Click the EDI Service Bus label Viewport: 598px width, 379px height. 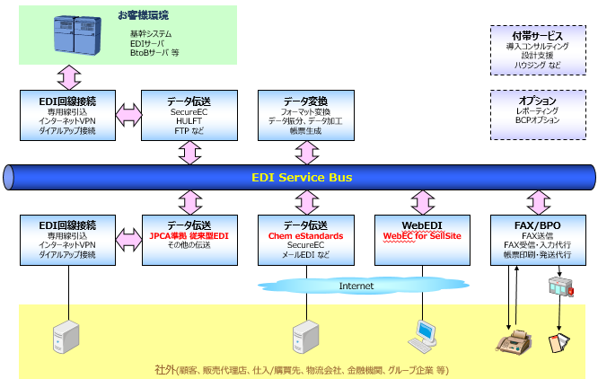click(302, 177)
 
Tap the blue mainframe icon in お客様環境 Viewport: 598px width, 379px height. click(77, 35)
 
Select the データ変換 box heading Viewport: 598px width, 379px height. click(305, 101)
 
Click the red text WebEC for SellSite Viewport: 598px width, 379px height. click(422, 236)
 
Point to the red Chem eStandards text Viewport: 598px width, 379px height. click(306, 236)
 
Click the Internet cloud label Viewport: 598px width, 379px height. click(356, 286)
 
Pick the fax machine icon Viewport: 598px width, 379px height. click(514, 340)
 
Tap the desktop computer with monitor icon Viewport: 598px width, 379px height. click(423, 336)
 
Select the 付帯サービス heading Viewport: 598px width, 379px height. click(537, 36)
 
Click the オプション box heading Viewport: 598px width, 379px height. click(537, 101)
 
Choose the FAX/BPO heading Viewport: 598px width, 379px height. click(537, 225)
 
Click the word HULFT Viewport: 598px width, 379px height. click(189, 121)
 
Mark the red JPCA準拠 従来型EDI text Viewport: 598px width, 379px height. click(189, 236)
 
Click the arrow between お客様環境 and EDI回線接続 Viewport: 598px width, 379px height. click(69, 77)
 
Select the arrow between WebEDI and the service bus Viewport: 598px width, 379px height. click(423, 202)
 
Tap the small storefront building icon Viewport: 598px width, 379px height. click(560, 286)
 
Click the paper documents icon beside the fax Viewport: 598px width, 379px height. click(559, 342)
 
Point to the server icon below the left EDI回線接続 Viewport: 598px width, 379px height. click(66, 337)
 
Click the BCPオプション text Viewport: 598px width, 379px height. click(537, 120)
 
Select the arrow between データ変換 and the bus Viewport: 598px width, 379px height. click(306, 153)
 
